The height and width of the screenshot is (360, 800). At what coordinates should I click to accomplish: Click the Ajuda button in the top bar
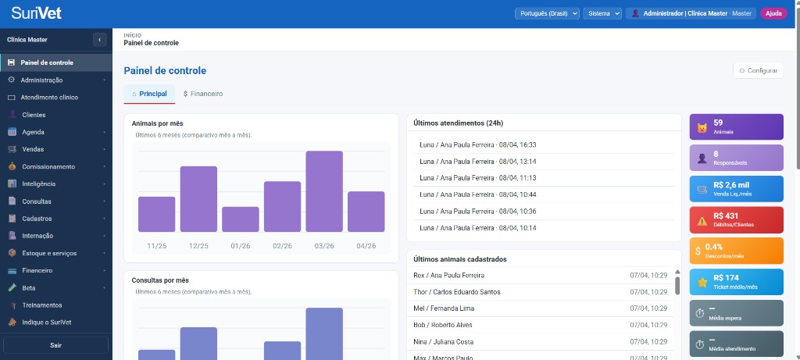[x=773, y=13]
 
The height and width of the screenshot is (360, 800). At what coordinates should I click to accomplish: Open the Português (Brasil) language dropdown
[x=546, y=13]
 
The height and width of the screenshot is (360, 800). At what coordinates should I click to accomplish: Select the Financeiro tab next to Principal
[x=203, y=94]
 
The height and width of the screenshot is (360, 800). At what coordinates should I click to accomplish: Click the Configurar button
[x=758, y=70]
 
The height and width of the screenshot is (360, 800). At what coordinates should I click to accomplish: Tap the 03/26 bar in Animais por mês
[x=324, y=191]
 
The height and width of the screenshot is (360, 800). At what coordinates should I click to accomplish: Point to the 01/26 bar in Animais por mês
[x=240, y=219]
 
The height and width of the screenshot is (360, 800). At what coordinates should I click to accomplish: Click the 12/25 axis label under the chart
[x=198, y=245]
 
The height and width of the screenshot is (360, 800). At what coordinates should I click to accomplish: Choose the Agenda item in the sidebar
[x=33, y=132]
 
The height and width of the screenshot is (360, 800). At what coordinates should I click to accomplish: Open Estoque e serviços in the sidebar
[x=48, y=253]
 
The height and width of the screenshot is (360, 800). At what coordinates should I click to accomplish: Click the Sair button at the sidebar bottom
[x=55, y=344]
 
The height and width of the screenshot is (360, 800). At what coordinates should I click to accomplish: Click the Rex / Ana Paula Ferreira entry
[x=448, y=275]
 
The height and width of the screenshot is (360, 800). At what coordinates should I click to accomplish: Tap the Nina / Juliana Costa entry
[x=447, y=341]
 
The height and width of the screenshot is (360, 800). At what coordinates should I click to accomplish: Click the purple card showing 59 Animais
[x=736, y=127]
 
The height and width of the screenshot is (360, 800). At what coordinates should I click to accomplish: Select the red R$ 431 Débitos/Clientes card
[x=736, y=220]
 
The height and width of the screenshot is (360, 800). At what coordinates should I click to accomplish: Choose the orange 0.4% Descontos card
[x=736, y=251]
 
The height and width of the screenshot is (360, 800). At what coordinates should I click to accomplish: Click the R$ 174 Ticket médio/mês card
[x=736, y=282]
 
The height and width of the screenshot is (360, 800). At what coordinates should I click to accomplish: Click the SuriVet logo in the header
[x=36, y=13]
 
